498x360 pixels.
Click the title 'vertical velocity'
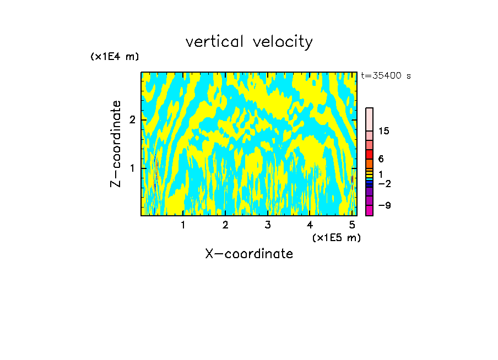pyautogui.click(x=249, y=42)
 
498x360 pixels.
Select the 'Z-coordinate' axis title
pyautogui.click(x=116, y=144)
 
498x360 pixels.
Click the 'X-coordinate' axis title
pyautogui.click(x=249, y=254)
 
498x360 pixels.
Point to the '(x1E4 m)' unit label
pyautogui.click(x=115, y=57)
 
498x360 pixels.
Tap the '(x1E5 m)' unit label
pyautogui.click(x=336, y=237)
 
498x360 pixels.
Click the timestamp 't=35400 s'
pyautogui.click(x=386, y=76)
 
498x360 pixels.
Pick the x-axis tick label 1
pyautogui.click(x=183, y=225)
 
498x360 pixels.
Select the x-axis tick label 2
pyautogui.click(x=225, y=225)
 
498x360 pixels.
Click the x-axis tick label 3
pyautogui.click(x=268, y=225)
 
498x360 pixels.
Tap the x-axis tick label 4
pyautogui.click(x=310, y=225)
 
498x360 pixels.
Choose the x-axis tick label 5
pyautogui.click(x=352, y=225)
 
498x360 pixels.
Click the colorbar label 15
pyautogui.click(x=384, y=131)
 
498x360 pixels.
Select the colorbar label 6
pyautogui.click(x=381, y=159)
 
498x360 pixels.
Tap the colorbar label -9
pyautogui.click(x=384, y=205)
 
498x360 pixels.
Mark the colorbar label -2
pyautogui.click(x=384, y=183)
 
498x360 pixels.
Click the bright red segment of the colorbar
pyautogui.click(x=369, y=154)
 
